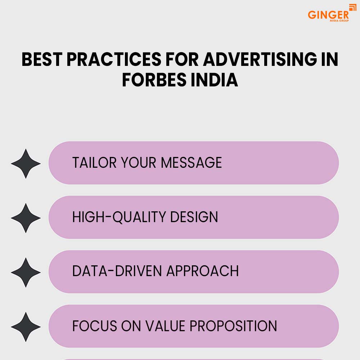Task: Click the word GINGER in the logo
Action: click(x=328, y=15)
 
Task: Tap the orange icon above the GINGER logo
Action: click(x=353, y=7)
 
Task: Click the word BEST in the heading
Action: click(x=42, y=59)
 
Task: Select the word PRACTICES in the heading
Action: click(x=114, y=59)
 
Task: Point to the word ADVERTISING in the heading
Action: click(x=260, y=59)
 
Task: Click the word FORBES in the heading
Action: click(x=154, y=80)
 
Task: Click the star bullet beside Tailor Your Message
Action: click(x=26, y=163)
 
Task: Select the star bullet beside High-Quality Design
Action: click(x=26, y=218)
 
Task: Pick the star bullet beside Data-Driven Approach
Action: click(x=26, y=272)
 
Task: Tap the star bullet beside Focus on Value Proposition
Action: click(x=26, y=327)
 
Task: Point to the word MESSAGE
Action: click(x=191, y=163)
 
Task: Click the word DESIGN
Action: click(x=194, y=217)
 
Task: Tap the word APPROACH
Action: click(x=202, y=271)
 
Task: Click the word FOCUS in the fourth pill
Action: click(x=95, y=326)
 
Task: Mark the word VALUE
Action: click(x=165, y=326)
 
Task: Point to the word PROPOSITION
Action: click(x=233, y=326)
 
